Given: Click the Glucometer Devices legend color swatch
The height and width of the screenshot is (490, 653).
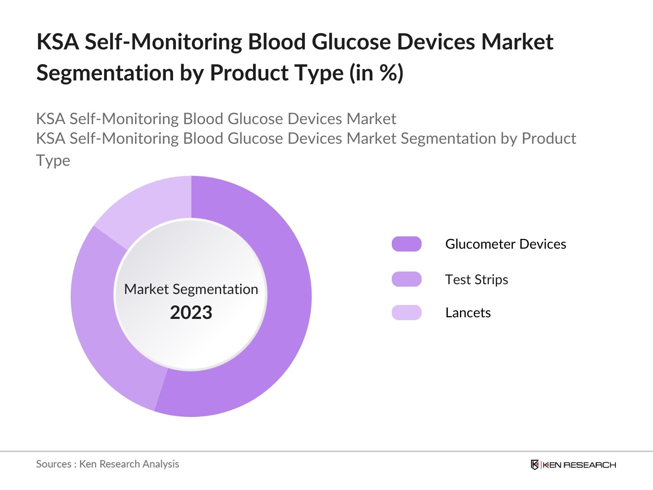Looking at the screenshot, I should point(406,244).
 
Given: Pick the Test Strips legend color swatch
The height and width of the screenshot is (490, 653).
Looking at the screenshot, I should point(406,279).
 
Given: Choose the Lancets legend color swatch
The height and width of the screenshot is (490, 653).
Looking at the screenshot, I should point(406,312).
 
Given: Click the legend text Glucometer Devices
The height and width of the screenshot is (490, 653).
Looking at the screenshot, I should point(505,244).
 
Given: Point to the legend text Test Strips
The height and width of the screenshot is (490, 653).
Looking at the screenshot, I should point(476,279).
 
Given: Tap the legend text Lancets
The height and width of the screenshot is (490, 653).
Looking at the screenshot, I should point(468,312).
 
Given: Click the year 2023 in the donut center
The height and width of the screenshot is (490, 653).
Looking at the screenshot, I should point(191,312).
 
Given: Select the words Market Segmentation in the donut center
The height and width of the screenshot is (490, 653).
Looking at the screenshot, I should point(191,289).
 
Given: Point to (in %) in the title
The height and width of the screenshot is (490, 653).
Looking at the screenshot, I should point(376,73).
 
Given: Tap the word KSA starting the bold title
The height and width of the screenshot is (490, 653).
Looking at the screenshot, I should point(58,42).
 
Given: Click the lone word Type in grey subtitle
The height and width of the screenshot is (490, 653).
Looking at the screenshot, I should point(53,160).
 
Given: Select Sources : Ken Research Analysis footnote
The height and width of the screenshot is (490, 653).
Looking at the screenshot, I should point(108,464).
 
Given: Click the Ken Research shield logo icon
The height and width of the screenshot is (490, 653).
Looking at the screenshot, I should point(535,465).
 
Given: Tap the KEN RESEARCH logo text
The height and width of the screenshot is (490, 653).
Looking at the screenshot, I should point(579,465).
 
